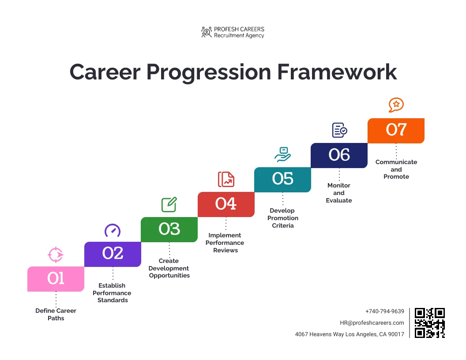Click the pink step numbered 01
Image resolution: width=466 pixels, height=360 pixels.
(x=56, y=279)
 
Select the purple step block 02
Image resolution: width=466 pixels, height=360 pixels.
(x=113, y=254)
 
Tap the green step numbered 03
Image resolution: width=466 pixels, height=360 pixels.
(x=169, y=229)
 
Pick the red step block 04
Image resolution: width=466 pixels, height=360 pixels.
(x=226, y=204)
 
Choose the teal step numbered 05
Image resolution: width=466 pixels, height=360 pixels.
(x=282, y=180)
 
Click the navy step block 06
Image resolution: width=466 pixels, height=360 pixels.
(x=339, y=155)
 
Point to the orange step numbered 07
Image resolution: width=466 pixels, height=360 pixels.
(x=396, y=130)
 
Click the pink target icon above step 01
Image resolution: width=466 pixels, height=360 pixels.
(x=56, y=255)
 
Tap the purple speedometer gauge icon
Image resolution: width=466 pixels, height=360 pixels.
(x=112, y=230)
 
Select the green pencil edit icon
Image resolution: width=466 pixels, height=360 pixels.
(x=169, y=205)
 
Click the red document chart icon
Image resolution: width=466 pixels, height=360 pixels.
(x=226, y=180)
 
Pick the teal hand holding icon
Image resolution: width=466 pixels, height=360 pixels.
(x=282, y=154)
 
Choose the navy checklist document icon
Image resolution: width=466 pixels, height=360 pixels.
(x=339, y=130)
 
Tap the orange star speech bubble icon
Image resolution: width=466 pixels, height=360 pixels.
(x=396, y=105)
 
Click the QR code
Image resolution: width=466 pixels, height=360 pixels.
(x=430, y=323)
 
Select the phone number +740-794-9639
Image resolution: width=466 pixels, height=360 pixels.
(x=384, y=311)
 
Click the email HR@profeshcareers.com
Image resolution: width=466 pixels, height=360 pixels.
(x=372, y=323)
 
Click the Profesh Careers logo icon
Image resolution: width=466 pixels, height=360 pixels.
(x=206, y=32)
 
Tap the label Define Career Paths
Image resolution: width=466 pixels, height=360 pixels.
(x=56, y=315)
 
